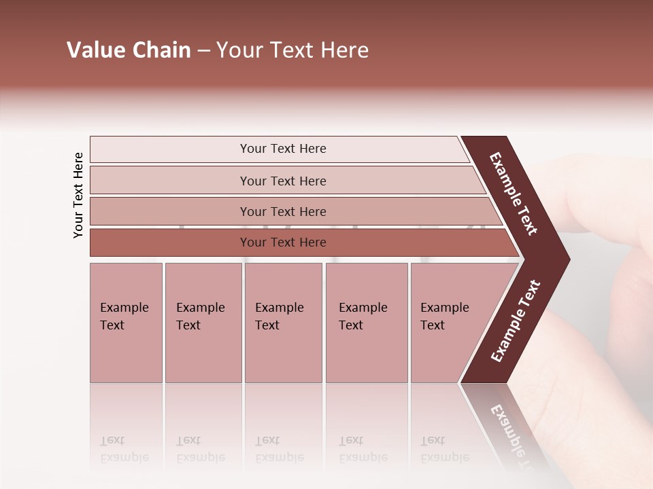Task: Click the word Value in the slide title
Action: pos(95,50)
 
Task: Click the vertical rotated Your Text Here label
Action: pos(78,195)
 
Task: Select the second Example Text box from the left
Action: pos(203,323)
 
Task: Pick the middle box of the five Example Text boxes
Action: pos(283,323)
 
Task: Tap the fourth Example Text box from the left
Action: pos(366,323)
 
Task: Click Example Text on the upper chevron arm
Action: pos(514,194)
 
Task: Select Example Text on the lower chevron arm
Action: pos(516,321)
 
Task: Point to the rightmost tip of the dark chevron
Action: pos(568,259)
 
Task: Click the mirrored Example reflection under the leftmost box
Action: pos(124,457)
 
